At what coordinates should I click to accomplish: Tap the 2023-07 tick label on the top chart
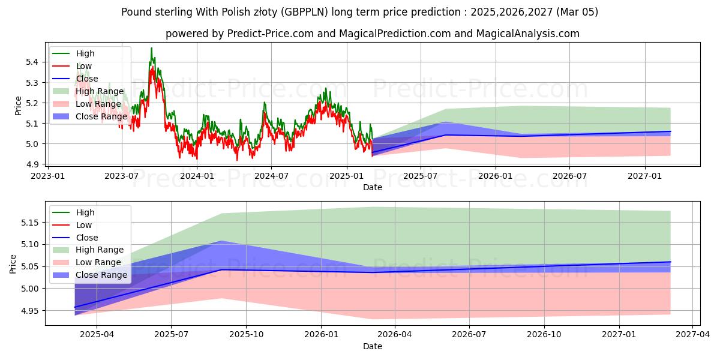[x=122, y=176]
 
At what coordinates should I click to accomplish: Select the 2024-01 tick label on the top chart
[x=197, y=176]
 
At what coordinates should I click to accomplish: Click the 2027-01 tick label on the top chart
[x=645, y=176]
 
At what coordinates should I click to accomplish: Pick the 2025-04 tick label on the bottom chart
[x=97, y=335]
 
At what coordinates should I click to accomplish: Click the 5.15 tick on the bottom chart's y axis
[x=29, y=223]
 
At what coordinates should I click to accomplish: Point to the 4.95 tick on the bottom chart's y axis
[x=29, y=311]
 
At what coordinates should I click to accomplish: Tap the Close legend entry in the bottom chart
[x=88, y=238]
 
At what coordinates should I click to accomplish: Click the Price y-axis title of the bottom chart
[x=13, y=263]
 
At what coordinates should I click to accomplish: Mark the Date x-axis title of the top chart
[x=373, y=187]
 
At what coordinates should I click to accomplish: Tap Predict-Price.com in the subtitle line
[x=271, y=34]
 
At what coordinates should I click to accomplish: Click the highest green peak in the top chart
[x=151, y=48]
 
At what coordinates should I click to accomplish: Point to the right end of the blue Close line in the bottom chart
[x=670, y=262]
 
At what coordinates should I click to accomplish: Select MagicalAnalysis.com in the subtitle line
[x=528, y=34]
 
